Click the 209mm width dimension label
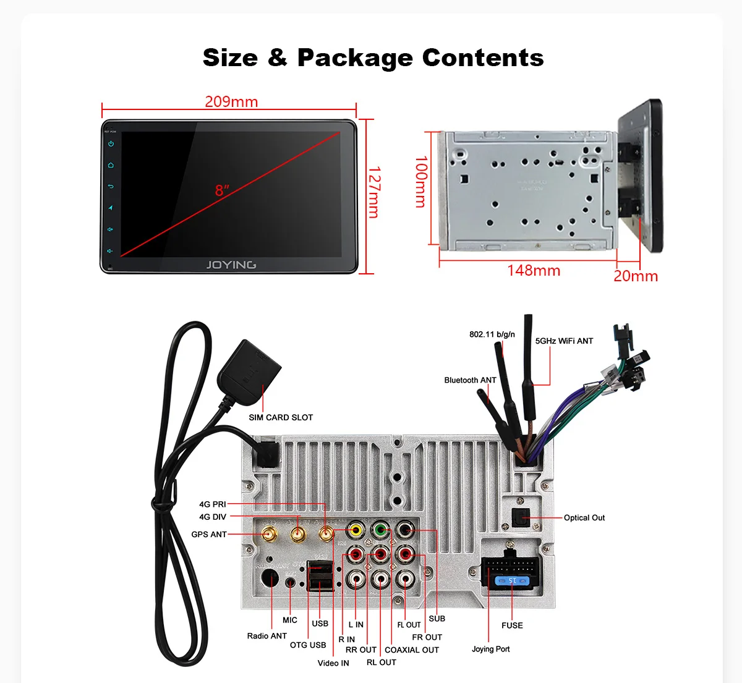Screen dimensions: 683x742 tap(231, 101)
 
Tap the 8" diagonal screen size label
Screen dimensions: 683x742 tap(222, 190)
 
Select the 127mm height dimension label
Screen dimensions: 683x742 tap(374, 192)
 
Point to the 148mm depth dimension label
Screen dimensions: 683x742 tap(534, 271)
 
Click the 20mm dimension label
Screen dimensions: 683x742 tap(636, 276)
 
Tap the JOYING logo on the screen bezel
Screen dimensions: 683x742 tap(231, 265)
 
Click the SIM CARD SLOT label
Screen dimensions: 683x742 tap(281, 418)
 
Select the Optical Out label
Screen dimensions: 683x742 tap(584, 518)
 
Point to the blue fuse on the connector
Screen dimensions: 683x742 tap(513, 581)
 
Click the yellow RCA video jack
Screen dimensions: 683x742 tap(356, 530)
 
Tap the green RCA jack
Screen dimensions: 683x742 tap(380, 530)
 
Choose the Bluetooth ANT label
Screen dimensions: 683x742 tap(470, 380)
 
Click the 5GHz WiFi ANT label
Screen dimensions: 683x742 tap(564, 341)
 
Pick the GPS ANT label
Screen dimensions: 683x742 tap(209, 535)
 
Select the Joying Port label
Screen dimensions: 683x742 tap(491, 649)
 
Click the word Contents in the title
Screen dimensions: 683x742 tap(482, 57)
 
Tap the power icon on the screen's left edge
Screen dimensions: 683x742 tap(111, 143)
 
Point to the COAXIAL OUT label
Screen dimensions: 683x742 tap(412, 650)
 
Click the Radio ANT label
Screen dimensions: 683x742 tap(267, 636)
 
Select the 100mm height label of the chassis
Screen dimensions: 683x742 tap(420, 181)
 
